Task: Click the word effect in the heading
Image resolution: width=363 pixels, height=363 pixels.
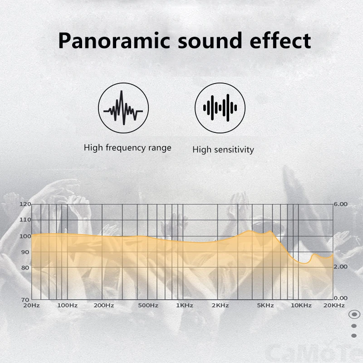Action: [x=280, y=40]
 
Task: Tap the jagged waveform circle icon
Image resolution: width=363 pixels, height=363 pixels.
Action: [x=123, y=108]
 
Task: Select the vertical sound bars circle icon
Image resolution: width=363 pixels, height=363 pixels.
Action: [x=220, y=108]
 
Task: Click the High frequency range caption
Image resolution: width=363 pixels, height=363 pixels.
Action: [x=128, y=148]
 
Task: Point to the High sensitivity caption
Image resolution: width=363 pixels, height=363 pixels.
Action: [x=223, y=150]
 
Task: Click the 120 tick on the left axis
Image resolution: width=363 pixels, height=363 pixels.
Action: [x=25, y=204]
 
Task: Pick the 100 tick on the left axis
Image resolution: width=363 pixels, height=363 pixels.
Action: [x=25, y=236]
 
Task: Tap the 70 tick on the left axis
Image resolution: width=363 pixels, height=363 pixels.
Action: [x=25, y=300]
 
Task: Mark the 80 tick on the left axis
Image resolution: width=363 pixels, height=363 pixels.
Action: [x=25, y=268]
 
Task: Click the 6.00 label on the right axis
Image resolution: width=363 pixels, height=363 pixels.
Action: [x=341, y=204]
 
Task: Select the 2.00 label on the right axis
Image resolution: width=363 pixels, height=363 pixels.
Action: [x=341, y=267]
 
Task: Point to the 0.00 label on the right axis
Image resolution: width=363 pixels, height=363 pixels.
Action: [x=341, y=298]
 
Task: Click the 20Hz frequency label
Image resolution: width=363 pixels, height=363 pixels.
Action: [x=31, y=305]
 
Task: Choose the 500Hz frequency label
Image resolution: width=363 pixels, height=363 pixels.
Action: [x=148, y=305]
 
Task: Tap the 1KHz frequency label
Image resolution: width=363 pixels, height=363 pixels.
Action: [x=185, y=305]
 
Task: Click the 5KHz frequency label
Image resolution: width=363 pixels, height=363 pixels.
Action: [x=265, y=305]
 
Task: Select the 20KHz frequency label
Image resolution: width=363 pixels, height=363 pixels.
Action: [x=334, y=305]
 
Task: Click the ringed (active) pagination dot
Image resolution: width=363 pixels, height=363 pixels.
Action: [x=354, y=314]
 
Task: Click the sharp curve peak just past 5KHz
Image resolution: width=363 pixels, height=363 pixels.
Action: [x=270, y=231]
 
